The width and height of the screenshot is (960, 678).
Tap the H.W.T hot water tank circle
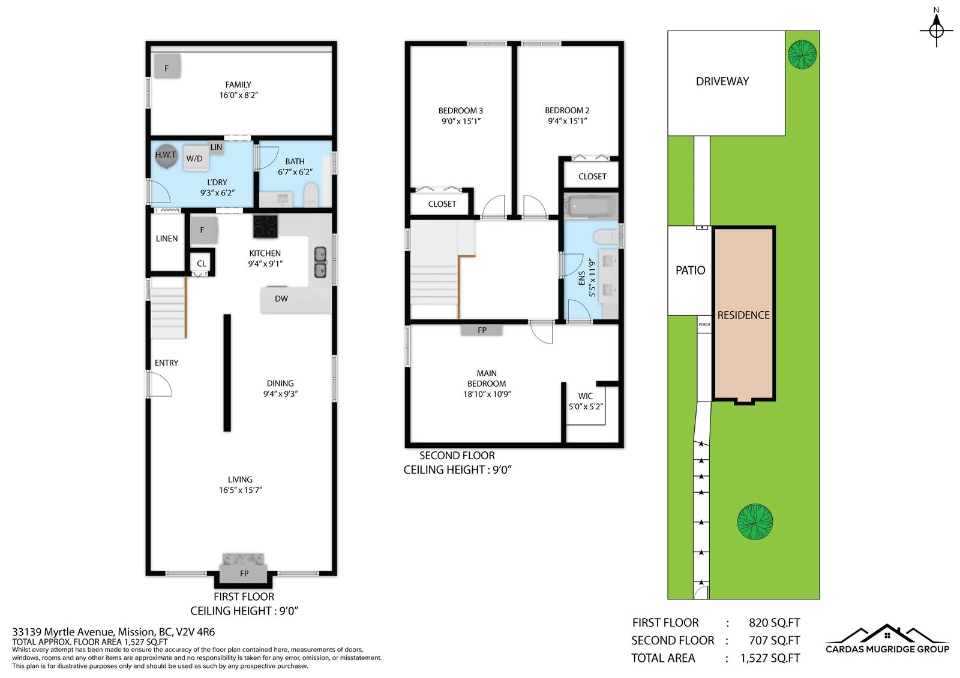(x=166, y=155)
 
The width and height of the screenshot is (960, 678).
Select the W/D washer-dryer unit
(x=195, y=158)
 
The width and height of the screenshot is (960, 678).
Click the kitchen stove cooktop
(x=265, y=226)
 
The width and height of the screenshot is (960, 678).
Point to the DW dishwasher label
(x=281, y=299)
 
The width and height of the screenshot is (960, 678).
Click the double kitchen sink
(x=320, y=263)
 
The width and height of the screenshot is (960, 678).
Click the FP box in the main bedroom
(x=482, y=330)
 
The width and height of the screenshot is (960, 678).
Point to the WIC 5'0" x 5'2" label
(x=586, y=401)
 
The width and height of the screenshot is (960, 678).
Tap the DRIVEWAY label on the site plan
(x=722, y=82)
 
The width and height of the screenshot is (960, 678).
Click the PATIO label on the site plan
(x=690, y=270)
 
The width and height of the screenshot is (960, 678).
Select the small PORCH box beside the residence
(x=704, y=325)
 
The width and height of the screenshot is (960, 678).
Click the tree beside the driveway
(x=802, y=55)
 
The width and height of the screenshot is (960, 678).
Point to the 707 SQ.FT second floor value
(x=775, y=640)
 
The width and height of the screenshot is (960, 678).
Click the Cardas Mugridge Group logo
(x=887, y=639)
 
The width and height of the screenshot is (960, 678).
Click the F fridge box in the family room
(x=167, y=67)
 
